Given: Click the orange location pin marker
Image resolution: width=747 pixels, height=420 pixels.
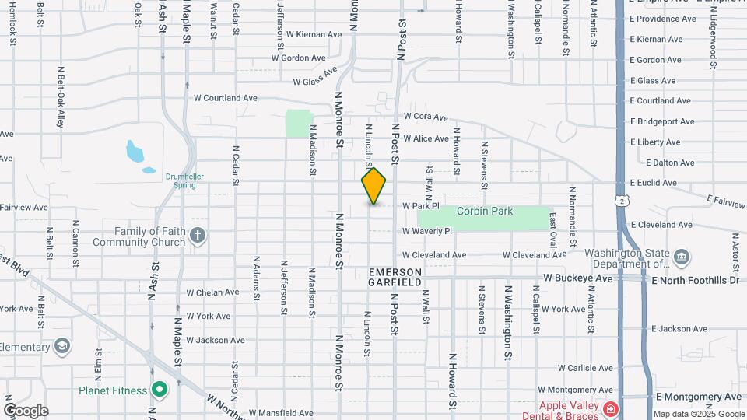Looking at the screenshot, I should point(373,186).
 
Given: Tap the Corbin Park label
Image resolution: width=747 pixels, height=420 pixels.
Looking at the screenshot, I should point(485,211).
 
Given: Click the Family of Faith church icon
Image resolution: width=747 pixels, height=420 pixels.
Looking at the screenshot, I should point(198,236).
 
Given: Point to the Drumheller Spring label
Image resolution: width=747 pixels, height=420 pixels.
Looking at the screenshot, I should point(184,180).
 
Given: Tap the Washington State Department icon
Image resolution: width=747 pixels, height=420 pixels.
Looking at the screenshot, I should point(682,257).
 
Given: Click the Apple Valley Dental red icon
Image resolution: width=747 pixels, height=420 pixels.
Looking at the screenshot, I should point(612,408).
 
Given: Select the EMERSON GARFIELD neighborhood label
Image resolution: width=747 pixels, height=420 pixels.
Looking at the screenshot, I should point(395,277).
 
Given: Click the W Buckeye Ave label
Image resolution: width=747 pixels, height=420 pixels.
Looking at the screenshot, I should point(579,277).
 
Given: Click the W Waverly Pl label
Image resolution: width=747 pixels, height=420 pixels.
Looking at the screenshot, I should point(427,231).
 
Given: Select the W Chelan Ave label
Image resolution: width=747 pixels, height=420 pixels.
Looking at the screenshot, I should point(212,292).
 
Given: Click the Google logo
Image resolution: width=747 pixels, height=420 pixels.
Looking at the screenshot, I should point(26,411).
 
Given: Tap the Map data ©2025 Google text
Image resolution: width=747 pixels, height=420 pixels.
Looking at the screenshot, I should point(697,414).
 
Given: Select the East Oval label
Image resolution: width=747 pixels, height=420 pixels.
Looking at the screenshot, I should point(553,229).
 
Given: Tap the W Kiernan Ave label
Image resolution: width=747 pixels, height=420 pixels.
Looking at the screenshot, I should point(314,34).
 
